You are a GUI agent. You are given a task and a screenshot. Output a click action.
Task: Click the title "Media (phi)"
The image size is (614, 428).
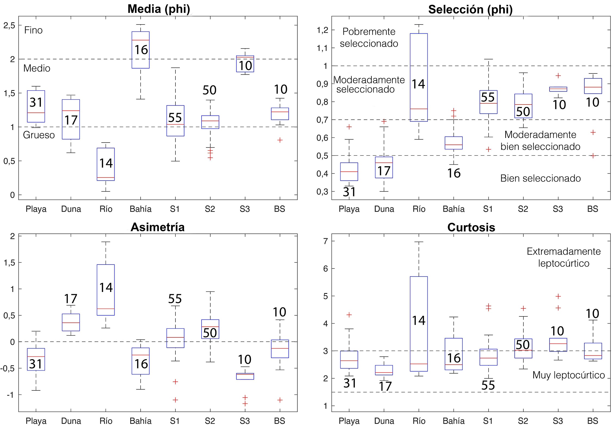pos(159,9)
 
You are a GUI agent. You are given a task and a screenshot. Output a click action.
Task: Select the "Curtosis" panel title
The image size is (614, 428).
pos(471,227)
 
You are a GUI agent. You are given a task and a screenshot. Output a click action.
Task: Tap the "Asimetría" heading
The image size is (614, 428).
pos(158,227)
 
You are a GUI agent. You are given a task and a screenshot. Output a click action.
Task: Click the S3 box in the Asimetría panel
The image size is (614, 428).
pos(245,376)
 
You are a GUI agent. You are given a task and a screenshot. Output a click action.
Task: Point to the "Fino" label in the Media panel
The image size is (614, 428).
pos(33,30)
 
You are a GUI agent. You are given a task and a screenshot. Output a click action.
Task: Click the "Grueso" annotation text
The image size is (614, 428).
pos(39,135)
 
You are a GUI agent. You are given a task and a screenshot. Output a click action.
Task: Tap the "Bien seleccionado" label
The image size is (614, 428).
pos(540,178)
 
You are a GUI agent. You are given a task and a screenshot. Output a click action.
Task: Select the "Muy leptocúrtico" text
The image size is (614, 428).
pos(569,375)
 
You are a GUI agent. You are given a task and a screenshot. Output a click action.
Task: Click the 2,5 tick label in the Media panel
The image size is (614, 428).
pos(9,25)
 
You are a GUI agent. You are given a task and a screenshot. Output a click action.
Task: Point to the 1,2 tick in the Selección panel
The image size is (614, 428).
pos(322,30)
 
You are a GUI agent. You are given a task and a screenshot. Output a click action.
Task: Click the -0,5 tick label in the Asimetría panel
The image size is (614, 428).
pos(8,368)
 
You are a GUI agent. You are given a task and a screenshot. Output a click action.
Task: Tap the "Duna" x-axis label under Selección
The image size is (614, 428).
pos(384,209)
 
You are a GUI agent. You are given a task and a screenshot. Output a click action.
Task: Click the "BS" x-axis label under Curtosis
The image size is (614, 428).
pos(593,421)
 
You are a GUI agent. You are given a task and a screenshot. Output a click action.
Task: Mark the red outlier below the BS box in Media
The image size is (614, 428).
pos(280,140)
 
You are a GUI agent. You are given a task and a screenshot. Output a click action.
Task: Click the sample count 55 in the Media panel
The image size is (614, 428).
pos(175,118)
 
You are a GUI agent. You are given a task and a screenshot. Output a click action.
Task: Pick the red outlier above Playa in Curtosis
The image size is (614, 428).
pos(349,315)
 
